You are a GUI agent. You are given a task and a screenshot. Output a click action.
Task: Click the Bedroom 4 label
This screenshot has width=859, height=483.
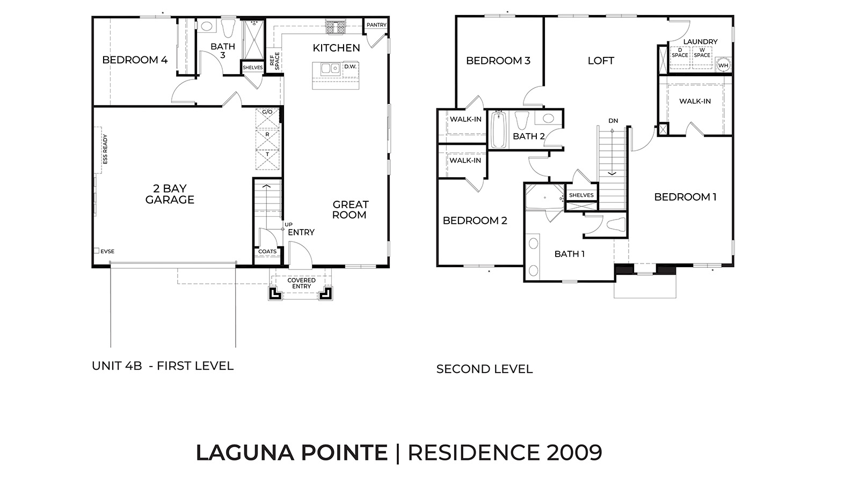135,60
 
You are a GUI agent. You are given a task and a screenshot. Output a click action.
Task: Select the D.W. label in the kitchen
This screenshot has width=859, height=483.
350,67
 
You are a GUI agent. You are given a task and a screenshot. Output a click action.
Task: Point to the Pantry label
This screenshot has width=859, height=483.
376,25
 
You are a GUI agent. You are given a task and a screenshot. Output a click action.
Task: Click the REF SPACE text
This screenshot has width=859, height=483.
274,61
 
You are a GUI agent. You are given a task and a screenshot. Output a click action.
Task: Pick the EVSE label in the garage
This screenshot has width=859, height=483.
107,251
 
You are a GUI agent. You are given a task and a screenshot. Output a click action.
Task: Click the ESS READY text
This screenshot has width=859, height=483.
105,149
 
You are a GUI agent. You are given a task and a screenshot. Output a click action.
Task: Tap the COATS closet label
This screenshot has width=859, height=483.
267,251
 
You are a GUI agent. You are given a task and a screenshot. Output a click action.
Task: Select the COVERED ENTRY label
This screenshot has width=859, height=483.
301,283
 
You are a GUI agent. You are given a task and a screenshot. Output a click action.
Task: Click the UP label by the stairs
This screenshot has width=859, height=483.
289,224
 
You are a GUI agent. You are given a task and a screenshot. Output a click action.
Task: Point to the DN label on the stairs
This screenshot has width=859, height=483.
613,121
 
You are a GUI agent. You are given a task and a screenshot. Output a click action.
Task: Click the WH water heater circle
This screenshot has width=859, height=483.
723,65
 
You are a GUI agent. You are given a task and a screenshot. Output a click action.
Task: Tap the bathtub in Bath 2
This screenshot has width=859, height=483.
499,130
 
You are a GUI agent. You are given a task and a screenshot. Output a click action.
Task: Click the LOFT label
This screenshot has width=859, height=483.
601,61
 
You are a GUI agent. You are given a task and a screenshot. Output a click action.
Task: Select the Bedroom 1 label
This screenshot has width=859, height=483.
685,197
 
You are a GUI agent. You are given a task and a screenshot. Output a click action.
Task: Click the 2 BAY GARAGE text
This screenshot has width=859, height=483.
170,194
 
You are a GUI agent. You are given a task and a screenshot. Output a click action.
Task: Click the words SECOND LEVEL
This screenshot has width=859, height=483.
484,369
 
